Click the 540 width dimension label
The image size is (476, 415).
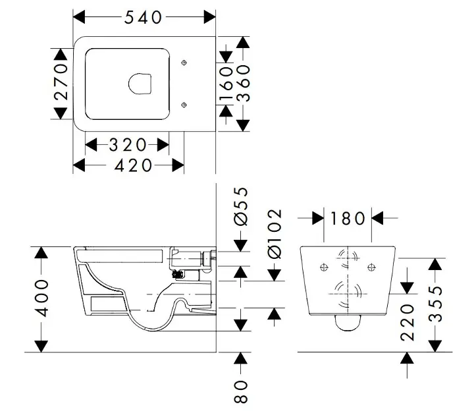click(x=144, y=17)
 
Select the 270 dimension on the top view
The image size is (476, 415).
click(x=61, y=82)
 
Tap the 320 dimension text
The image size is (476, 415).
click(x=128, y=144)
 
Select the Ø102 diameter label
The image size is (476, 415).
click(x=275, y=234)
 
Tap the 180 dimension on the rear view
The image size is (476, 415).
click(x=347, y=217)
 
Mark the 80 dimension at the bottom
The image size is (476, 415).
click(x=242, y=393)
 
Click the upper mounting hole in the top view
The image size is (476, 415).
click(x=184, y=63)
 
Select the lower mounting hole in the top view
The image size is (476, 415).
click(x=184, y=103)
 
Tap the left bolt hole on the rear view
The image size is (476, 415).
click(x=323, y=266)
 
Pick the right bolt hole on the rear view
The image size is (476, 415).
click(x=372, y=266)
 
